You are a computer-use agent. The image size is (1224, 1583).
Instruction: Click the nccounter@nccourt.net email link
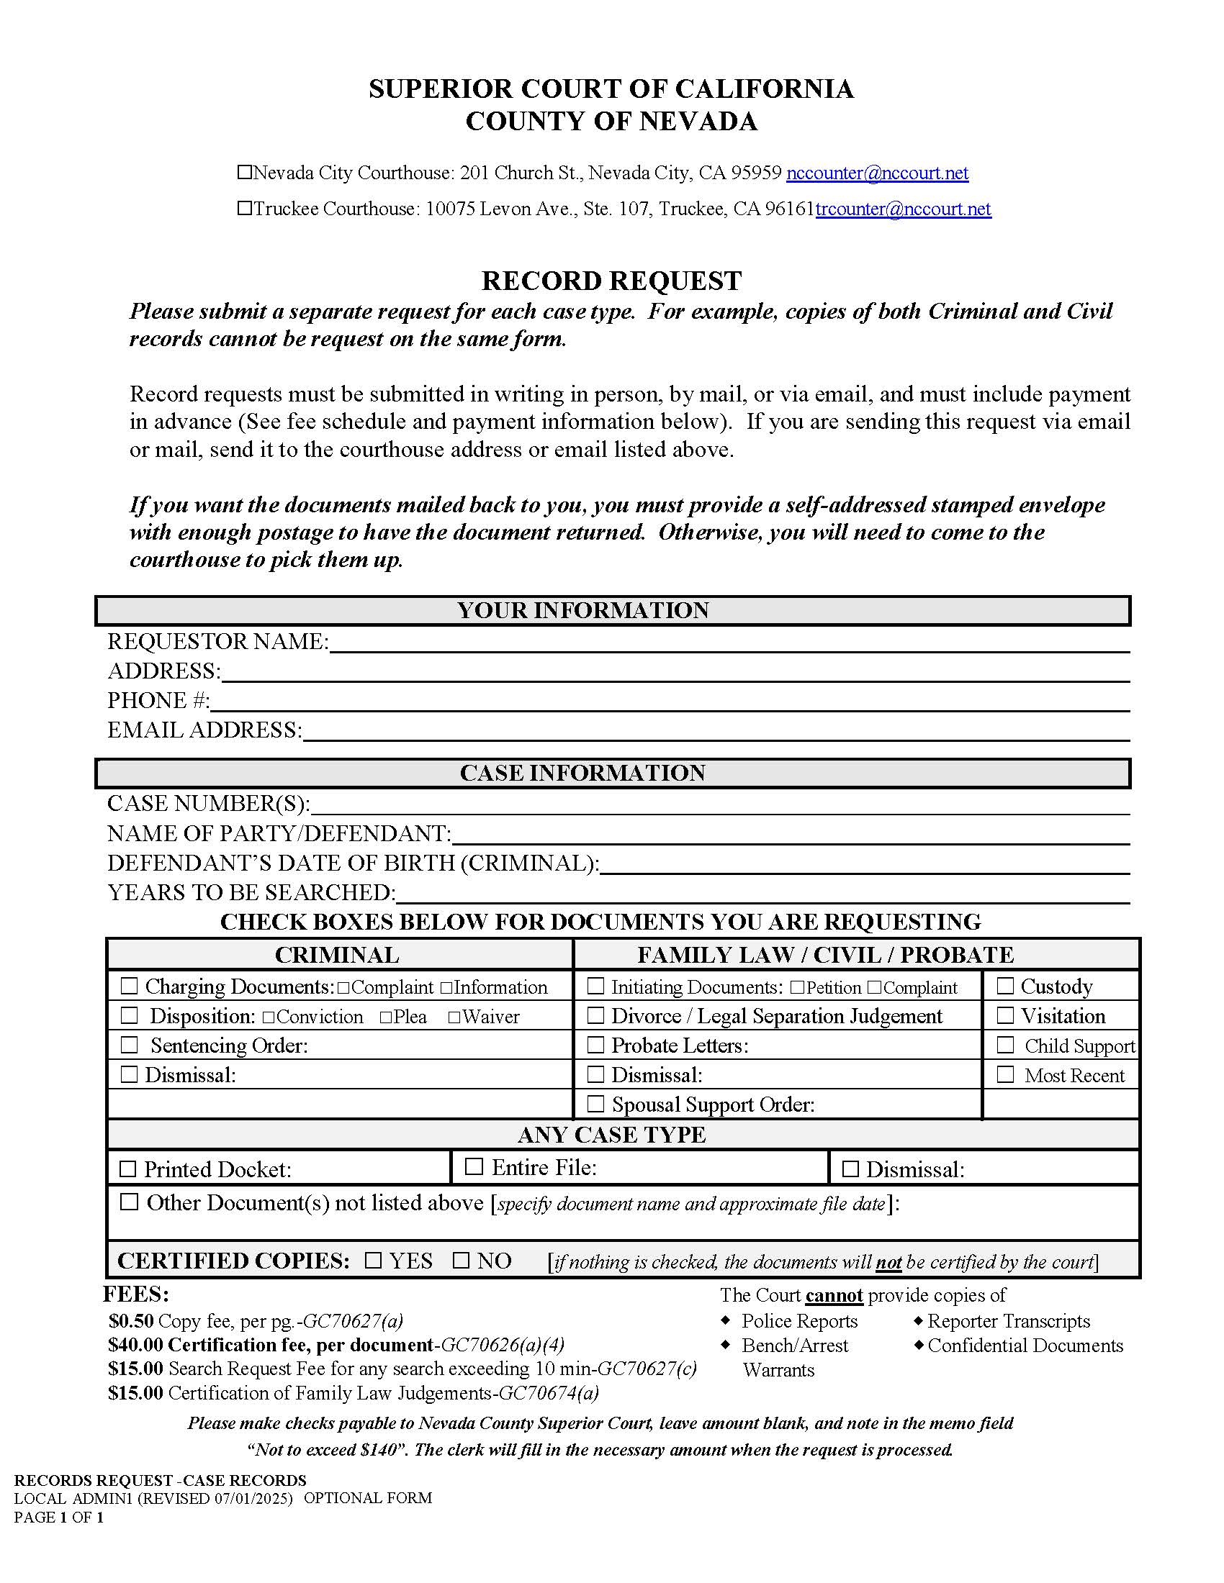(x=877, y=173)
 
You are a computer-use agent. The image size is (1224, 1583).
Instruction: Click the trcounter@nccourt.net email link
(x=903, y=209)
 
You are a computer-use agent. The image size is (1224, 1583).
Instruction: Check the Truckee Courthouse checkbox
(x=244, y=209)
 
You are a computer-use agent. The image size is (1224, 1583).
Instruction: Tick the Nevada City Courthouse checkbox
(x=244, y=173)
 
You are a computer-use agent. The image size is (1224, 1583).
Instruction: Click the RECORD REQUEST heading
(x=611, y=281)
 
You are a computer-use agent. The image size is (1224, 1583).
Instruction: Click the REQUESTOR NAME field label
(x=217, y=641)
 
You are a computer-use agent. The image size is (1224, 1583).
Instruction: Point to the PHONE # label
(x=158, y=701)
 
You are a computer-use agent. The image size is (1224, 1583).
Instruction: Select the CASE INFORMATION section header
(x=582, y=773)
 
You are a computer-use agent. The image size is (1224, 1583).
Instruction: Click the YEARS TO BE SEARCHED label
(x=251, y=892)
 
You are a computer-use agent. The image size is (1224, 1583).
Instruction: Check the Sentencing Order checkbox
(x=129, y=1045)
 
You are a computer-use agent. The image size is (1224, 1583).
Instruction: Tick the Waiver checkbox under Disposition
(x=454, y=1017)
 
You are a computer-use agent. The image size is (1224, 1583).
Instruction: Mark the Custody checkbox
(x=1004, y=986)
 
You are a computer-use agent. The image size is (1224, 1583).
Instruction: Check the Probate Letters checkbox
(x=595, y=1045)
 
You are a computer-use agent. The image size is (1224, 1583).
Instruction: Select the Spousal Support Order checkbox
(x=595, y=1103)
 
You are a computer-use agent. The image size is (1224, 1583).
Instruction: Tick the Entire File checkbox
(x=474, y=1166)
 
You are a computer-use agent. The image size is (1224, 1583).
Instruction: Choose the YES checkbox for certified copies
(x=373, y=1261)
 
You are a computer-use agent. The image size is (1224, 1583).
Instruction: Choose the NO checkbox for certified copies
(x=462, y=1261)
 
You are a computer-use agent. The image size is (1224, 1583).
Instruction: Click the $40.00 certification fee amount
(x=135, y=1346)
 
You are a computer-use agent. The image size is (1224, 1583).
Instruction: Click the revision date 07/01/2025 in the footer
(x=253, y=1498)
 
